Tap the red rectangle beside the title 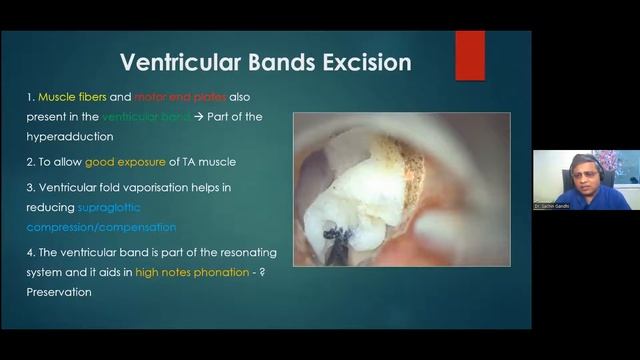pos(469,54)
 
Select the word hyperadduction pos(70,136)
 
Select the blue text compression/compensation pos(101,226)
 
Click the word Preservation pos(59,292)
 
